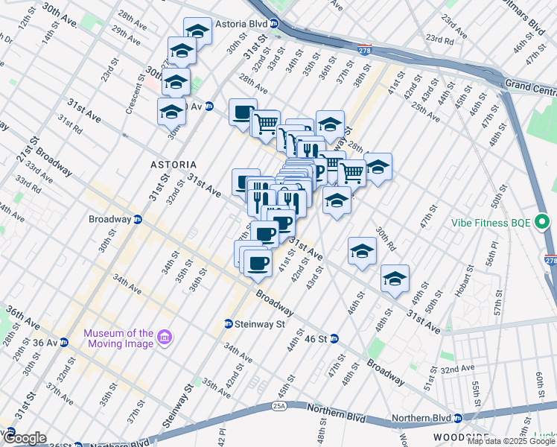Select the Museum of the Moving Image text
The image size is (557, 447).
point(118,337)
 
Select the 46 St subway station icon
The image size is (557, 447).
point(334,338)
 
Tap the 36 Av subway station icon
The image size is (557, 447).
point(64,343)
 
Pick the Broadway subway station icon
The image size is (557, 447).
point(138,219)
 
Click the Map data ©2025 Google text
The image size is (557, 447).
point(511,441)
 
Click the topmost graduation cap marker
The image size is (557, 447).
point(197,32)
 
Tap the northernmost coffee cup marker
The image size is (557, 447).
point(243,113)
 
